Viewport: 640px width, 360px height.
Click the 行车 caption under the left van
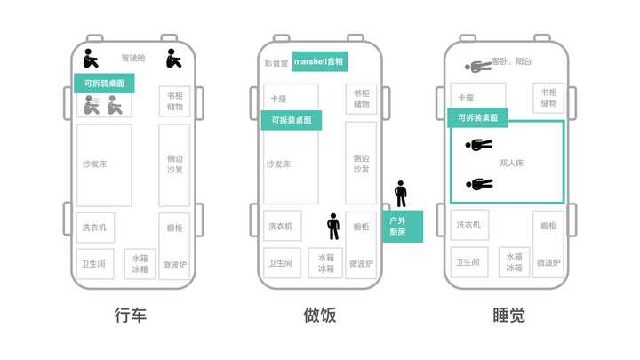pos(131,315)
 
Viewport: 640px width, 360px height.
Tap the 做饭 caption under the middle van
pos(319,315)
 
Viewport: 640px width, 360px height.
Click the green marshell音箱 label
pos(320,61)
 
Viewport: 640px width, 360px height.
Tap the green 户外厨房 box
pos(402,226)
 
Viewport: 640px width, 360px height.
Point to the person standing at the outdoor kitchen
pos(401,194)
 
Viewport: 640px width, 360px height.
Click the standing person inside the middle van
pos(333,227)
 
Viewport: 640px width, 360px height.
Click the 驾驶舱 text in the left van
pos(133,59)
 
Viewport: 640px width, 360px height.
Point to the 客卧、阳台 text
pos(513,62)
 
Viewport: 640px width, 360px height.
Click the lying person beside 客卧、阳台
pos(477,66)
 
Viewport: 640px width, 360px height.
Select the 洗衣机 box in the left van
pos(95,228)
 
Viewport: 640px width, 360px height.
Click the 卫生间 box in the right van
pos(468,262)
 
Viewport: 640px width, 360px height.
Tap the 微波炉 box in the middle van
pos(361,264)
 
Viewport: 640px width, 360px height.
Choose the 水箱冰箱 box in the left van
pos(140,262)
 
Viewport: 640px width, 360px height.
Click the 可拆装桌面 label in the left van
pos(105,84)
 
